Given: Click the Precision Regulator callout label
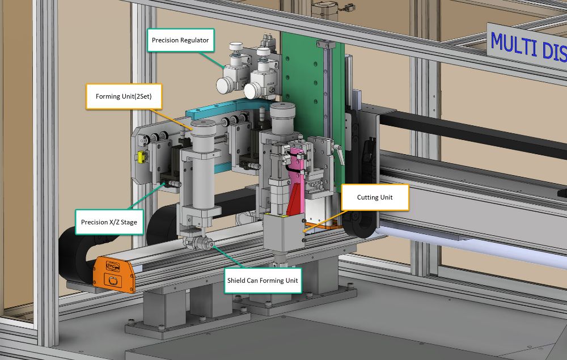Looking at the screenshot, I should (180, 40).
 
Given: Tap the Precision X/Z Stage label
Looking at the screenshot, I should (109, 222).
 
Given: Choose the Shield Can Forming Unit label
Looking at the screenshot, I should (263, 280).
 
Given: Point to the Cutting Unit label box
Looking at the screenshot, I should (375, 197).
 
